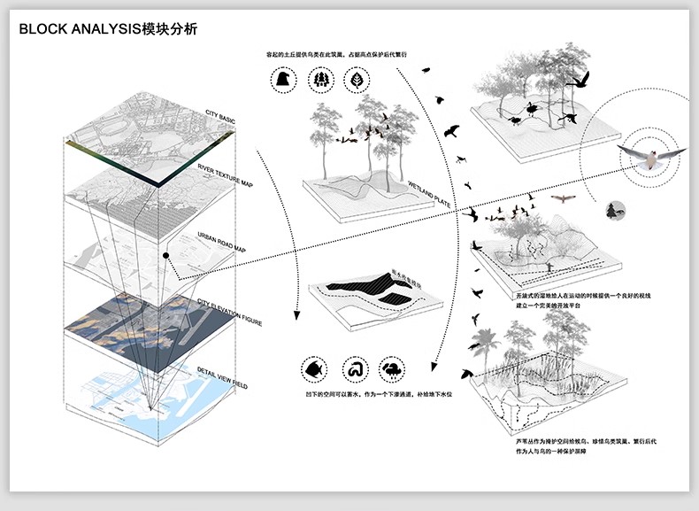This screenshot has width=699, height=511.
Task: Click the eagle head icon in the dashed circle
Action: [x=281, y=80]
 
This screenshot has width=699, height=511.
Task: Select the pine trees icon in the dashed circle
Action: [x=319, y=80]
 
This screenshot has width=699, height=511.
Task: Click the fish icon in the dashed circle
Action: [x=311, y=368]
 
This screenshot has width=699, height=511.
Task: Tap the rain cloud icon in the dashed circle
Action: [x=390, y=368]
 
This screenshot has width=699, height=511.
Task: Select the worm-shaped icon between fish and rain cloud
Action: [x=351, y=368]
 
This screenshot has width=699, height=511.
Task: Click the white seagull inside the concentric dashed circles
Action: [x=650, y=158]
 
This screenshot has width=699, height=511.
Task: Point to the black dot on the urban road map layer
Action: [x=166, y=256]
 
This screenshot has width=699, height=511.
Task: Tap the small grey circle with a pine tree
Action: [x=615, y=210]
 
